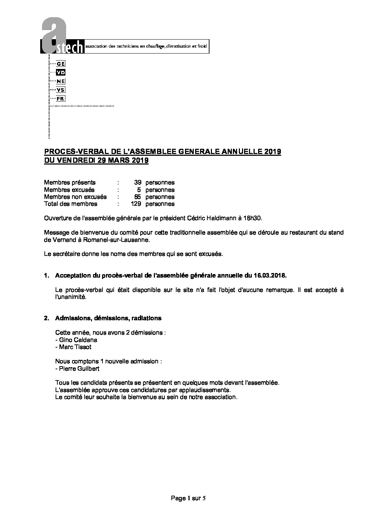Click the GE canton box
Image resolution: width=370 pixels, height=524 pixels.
click(61, 64)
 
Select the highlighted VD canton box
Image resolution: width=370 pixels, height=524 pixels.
click(61, 72)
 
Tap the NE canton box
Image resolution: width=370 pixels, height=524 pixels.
click(61, 81)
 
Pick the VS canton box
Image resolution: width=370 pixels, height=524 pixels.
click(61, 90)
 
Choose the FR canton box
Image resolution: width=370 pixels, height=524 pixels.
click(61, 99)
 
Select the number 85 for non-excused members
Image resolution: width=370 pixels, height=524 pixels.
click(137, 197)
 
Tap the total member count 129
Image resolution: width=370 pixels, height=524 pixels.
click(136, 204)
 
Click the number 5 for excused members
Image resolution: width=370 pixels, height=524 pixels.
click(139, 190)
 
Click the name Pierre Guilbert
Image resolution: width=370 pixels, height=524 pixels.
click(78, 369)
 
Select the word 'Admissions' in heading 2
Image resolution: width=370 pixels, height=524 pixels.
click(70, 318)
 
